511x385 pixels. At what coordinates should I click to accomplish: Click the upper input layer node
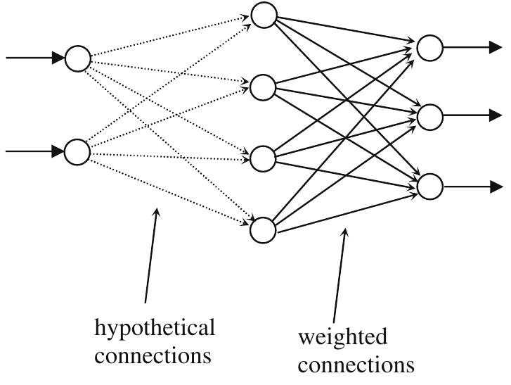[x=78, y=58]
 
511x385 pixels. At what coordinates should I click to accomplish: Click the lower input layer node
[x=78, y=151]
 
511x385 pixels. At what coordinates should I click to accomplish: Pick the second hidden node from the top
[x=264, y=87]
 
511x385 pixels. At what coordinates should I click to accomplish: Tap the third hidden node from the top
[x=264, y=159]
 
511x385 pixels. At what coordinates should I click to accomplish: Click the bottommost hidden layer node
[x=264, y=230]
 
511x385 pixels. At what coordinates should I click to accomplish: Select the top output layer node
[x=429, y=47]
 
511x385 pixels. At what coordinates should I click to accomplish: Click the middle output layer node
[x=429, y=117]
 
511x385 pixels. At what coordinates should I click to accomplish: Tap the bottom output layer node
[x=429, y=187]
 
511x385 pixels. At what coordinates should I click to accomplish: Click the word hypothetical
[x=155, y=328]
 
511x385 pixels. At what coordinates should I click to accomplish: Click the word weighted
[x=342, y=337]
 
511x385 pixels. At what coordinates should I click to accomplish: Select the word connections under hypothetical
[x=153, y=355]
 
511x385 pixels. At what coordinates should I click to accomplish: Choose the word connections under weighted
[x=356, y=365]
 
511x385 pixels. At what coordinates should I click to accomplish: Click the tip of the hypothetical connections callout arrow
[x=157, y=208]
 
